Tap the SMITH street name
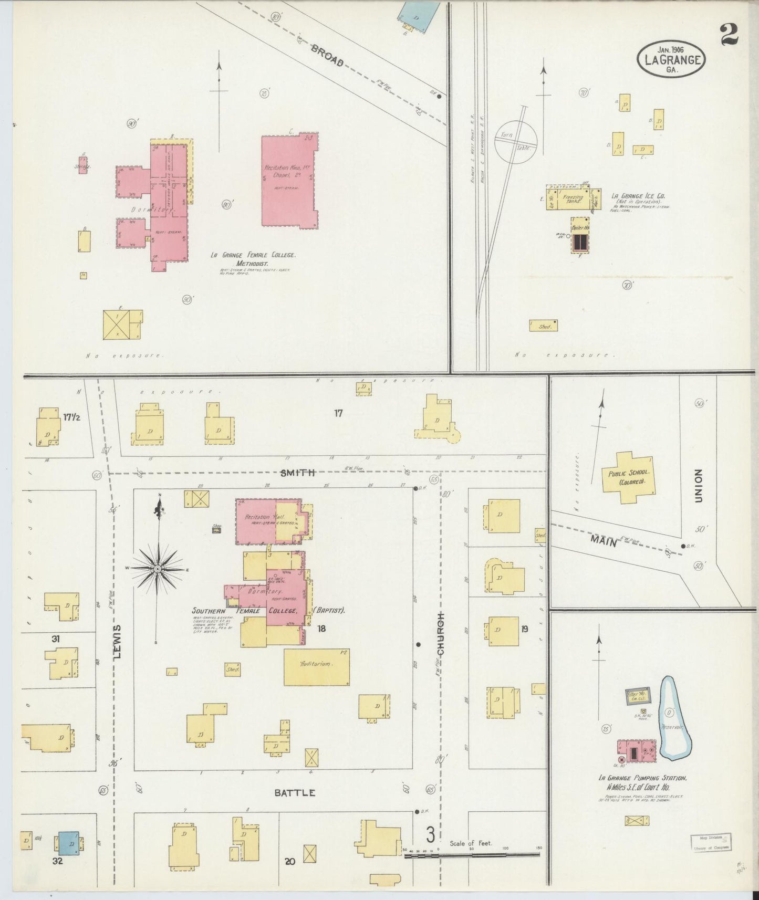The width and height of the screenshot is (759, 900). click(x=297, y=473)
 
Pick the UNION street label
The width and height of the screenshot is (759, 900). click(x=698, y=486)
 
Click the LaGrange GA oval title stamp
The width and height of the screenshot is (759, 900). click(x=671, y=59)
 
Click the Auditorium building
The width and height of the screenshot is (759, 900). click(x=316, y=667)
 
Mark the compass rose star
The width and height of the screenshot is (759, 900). click(x=158, y=569)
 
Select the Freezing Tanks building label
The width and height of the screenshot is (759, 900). click(x=573, y=200)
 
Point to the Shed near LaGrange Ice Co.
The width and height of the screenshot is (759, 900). click(x=543, y=326)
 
